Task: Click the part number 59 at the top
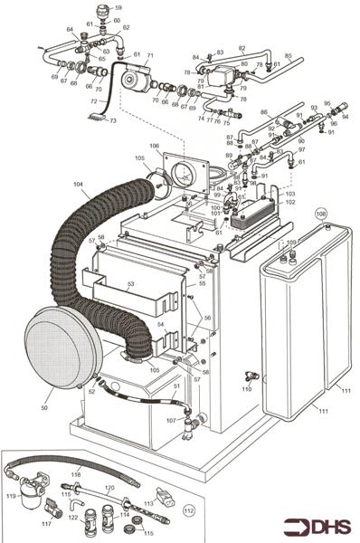pyautogui.click(x=118, y=8)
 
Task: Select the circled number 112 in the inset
pyautogui.click(x=188, y=509)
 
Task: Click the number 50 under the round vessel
pyautogui.click(x=43, y=408)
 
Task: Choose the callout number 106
pyautogui.click(x=155, y=146)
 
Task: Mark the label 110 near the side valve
pyautogui.click(x=246, y=389)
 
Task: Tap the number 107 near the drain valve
pyautogui.click(x=169, y=419)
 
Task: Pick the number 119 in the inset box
pyautogui.click(x=12, y=497)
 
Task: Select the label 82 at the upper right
pyautogui.click(x=242, y=48)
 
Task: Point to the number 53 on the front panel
pyautogui.click(x=130, y=284)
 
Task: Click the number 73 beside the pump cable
pyautogui.click(x=113, y=120)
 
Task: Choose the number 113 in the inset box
pyautogui.click(x=148, y=502)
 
